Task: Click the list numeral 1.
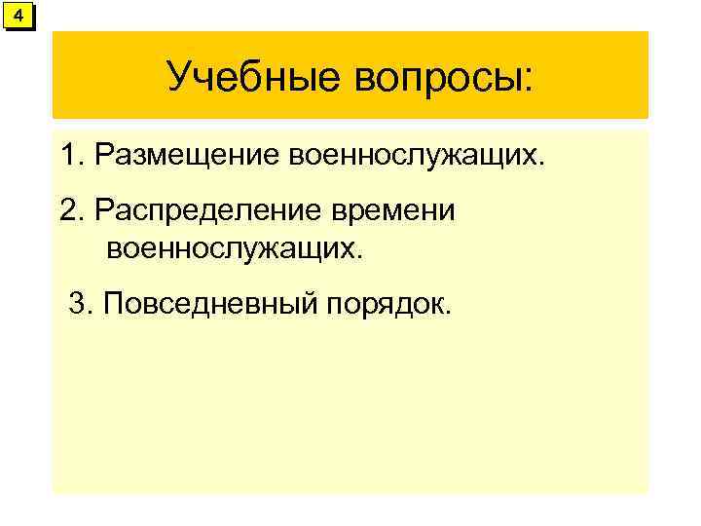[x=67, y=155]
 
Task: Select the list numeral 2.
[x=67, y=210]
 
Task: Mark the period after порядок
[x=449, y=313]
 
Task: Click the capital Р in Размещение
[x=104, y=155]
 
